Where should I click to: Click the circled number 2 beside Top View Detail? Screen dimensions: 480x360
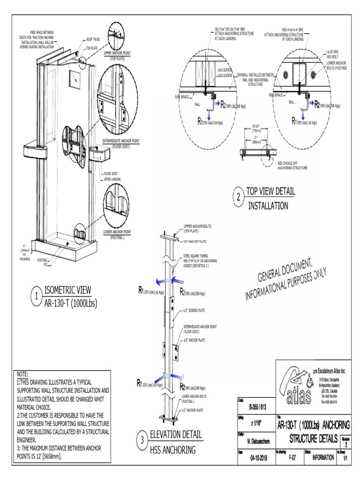tap(239, 198)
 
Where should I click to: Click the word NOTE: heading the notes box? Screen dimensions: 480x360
tap(22, 374)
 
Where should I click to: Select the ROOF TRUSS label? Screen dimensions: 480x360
tap(92, 40)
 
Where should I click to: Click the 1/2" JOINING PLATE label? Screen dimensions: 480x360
tap(195, 310)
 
